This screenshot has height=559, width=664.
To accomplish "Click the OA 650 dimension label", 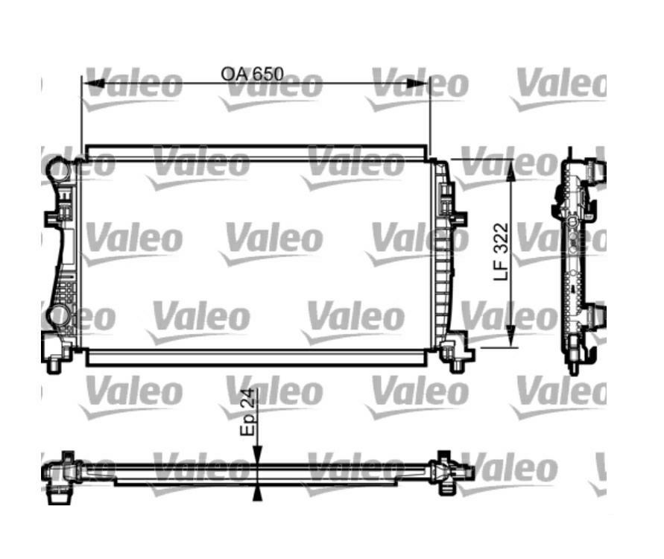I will [x=253, y=74].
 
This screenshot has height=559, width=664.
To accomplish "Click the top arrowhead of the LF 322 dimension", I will [x=511, y=169].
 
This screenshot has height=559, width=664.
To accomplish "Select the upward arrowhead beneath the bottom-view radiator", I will [x=257, y=491].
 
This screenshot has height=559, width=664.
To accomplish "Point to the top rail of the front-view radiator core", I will [x=257, y=152].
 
